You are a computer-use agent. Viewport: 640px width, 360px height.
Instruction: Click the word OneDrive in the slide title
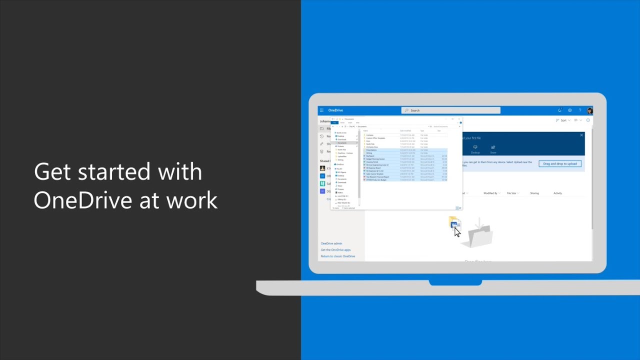[87, 200]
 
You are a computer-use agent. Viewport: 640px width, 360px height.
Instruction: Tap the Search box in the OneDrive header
[450, 110]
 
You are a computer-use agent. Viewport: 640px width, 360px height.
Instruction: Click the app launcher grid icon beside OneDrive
[322, 110]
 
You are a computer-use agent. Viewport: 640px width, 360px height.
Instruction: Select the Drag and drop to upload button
[560, 163]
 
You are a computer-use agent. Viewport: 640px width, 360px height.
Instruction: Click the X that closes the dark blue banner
[581, 135]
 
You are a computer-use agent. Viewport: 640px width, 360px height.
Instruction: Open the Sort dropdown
[563, 120]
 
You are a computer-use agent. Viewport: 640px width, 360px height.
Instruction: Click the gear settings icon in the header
[569, 110]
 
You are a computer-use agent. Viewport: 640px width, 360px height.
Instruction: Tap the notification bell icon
[559, 110]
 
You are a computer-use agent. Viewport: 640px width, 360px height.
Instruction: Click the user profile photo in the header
[590, 110]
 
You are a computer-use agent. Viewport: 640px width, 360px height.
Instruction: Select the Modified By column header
[490, 193]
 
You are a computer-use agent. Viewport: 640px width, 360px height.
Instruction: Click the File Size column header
[511, 193]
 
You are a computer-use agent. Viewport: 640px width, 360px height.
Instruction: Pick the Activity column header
[557, 193]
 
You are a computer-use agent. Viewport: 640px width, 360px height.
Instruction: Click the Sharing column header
[534, 193]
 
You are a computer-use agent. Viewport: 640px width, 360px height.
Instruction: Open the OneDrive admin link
[331, 243]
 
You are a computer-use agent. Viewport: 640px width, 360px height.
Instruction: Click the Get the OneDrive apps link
[335, 250]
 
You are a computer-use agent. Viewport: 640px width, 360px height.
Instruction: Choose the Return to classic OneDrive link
[338, 256]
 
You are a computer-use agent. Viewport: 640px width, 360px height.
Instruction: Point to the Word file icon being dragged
[454, 223]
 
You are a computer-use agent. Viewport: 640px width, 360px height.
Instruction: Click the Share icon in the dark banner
[493, 149]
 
